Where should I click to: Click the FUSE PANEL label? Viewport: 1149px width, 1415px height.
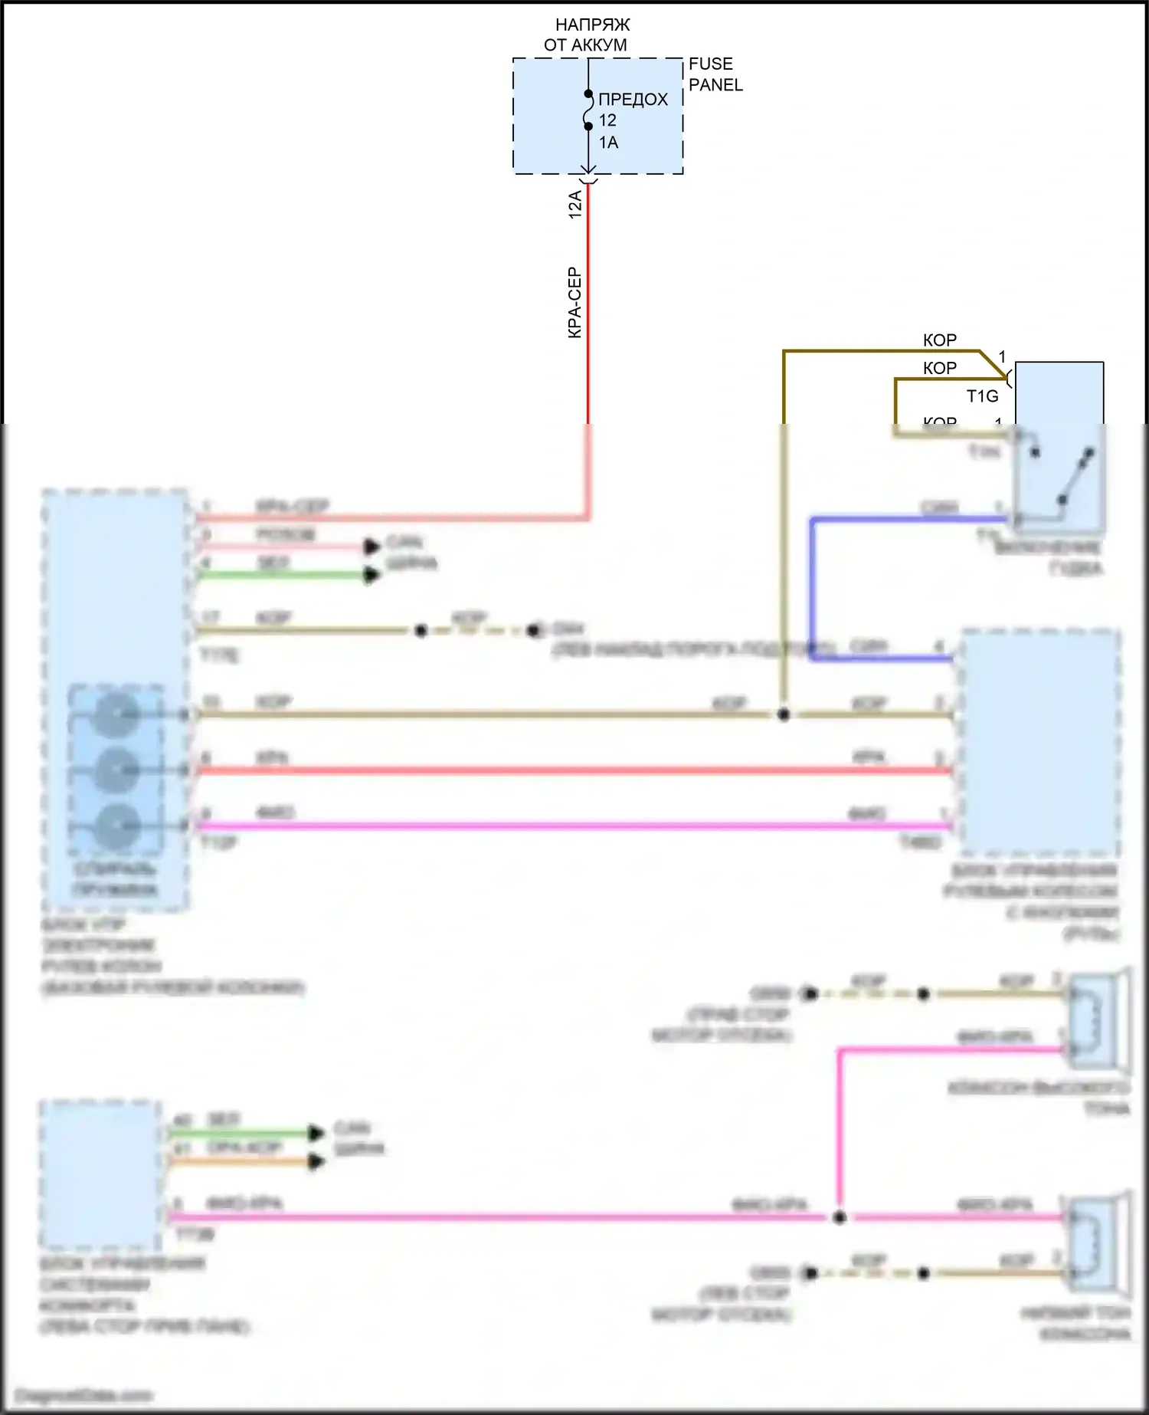(715, 74)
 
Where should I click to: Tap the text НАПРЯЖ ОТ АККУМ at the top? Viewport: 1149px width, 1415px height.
(586, 35)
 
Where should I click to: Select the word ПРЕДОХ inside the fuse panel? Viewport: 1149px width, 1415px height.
(633, 100)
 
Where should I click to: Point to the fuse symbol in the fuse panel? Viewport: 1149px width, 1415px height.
(588, 110)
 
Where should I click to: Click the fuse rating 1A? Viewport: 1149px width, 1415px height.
(608, 143)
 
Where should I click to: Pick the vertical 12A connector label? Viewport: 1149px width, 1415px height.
(575, 205)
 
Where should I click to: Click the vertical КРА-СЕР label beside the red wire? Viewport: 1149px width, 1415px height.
(574, 303)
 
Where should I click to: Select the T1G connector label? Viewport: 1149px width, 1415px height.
(982, 396)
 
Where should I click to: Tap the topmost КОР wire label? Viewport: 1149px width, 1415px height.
(939, 340)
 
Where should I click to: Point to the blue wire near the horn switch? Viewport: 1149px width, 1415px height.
(811, 583)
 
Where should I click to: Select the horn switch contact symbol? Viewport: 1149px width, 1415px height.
(1061, 475)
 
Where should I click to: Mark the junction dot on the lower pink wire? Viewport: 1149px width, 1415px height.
(840, 1216)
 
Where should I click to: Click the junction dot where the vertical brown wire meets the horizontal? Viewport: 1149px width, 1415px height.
(784, 714)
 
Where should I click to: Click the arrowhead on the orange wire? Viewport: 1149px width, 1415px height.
(316, 1163)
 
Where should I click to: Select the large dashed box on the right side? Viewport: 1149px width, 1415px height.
(1039, 742)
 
